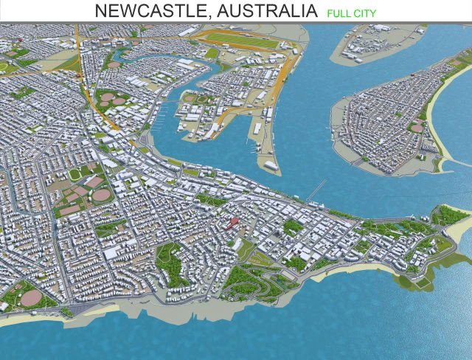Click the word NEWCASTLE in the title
point(145,11)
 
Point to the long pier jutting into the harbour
point(316,190)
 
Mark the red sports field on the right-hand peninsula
point(417,128)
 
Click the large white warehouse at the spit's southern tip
point(268,163)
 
